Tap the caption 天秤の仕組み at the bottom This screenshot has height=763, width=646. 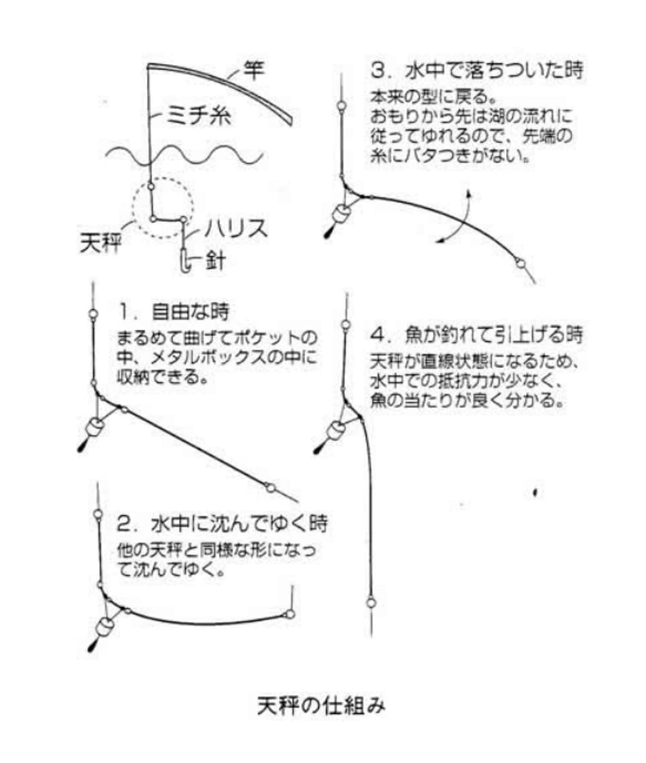(322, 705)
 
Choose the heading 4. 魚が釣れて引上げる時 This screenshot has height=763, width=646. (477, 334)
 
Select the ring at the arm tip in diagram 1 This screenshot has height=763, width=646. (270, 487)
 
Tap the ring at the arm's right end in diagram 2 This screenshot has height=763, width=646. (289, 615)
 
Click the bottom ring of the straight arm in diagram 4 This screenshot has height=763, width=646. (371, 602)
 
